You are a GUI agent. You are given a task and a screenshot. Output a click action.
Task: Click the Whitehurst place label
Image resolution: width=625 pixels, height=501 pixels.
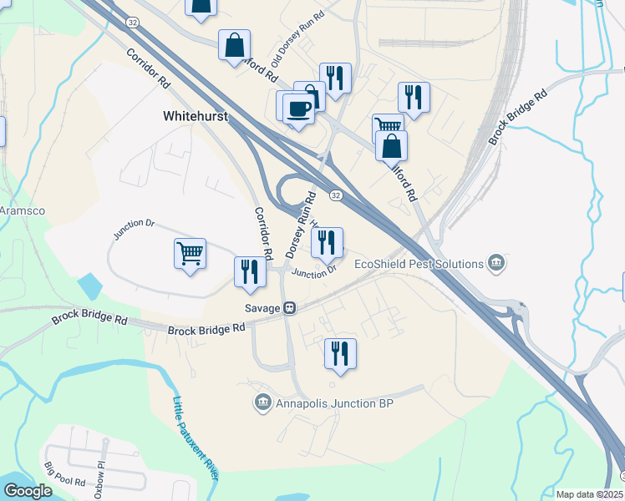point(196,119)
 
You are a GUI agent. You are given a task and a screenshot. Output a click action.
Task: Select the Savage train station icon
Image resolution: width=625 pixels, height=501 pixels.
point(290,308)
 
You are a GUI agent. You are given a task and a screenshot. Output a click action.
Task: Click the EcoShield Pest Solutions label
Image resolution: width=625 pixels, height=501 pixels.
point(419,264)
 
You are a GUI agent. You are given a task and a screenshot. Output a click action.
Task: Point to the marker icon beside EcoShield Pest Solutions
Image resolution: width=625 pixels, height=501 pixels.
point(496,264)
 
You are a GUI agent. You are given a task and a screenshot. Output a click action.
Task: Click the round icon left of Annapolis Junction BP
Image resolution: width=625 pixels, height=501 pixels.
point(263,404)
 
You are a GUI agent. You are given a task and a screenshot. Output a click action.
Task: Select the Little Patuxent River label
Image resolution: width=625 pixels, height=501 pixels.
point(195,438)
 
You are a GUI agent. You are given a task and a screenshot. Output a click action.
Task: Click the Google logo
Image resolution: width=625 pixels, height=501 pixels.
point(28,491)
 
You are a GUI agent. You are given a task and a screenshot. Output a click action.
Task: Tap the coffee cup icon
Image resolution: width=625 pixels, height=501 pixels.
point(298,108)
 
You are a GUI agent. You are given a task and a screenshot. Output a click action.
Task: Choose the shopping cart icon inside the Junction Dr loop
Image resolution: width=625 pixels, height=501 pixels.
point(191,252)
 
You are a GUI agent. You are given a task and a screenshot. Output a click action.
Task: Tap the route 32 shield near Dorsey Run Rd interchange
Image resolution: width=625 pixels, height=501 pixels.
point(335,195)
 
